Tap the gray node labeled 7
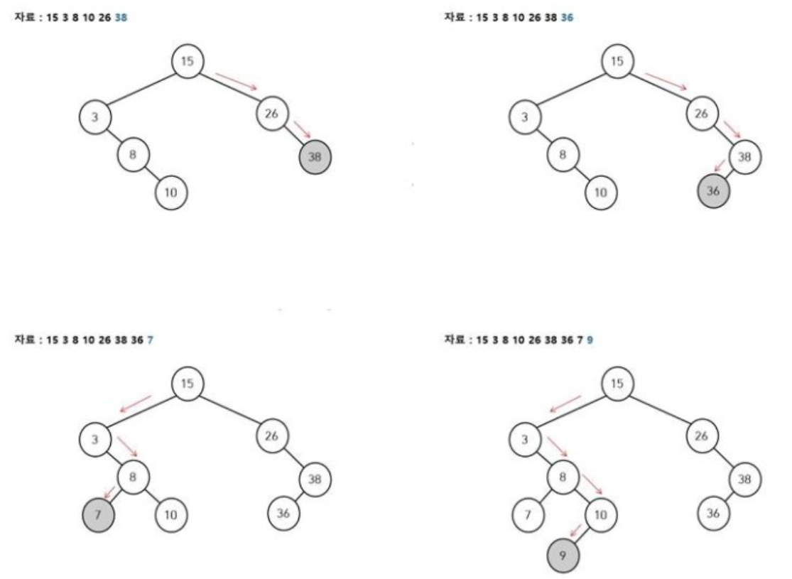98,512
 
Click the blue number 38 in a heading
121,17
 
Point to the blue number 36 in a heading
567,17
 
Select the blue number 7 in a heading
151,340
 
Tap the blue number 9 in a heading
590,340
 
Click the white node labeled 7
528,512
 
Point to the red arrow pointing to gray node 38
302,129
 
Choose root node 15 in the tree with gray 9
617,384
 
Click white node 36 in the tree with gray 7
283,512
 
